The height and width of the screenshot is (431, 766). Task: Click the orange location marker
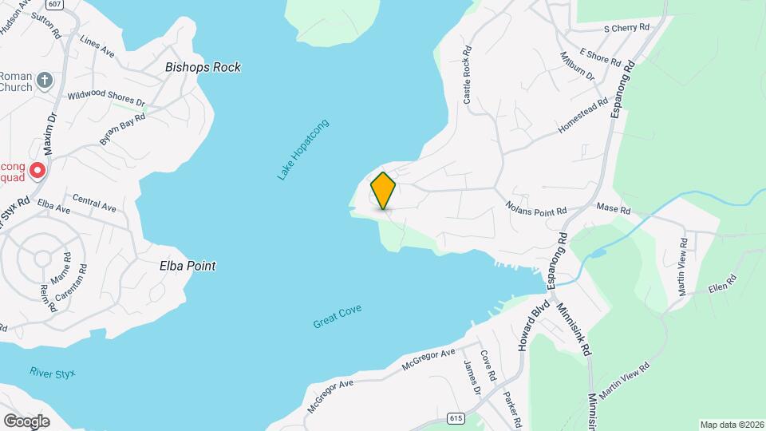[x=383, y=191]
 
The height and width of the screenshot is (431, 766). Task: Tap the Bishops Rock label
[x=203, y=68]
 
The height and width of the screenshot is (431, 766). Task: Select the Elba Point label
[x=188, y=266]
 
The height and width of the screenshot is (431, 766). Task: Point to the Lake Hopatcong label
[x=303, y=149]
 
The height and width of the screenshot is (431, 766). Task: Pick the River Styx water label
[x=51, y=372]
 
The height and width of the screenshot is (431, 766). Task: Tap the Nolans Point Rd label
[x=535, y=208]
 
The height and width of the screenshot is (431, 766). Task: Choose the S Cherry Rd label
[x=626, y=27]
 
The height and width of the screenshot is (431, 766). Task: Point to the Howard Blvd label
[x=533, y=325]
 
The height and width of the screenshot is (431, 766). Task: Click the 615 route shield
[x=456, y=418]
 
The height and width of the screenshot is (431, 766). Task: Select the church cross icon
[x=45, y=80]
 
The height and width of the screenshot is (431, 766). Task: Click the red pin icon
[x=37, y=170]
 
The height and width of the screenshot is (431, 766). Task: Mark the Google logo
[x=26, y=421]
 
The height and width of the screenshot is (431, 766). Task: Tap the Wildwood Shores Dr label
[x=106, y=98]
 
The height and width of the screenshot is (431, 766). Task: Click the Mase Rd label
[x=614, y=210]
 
